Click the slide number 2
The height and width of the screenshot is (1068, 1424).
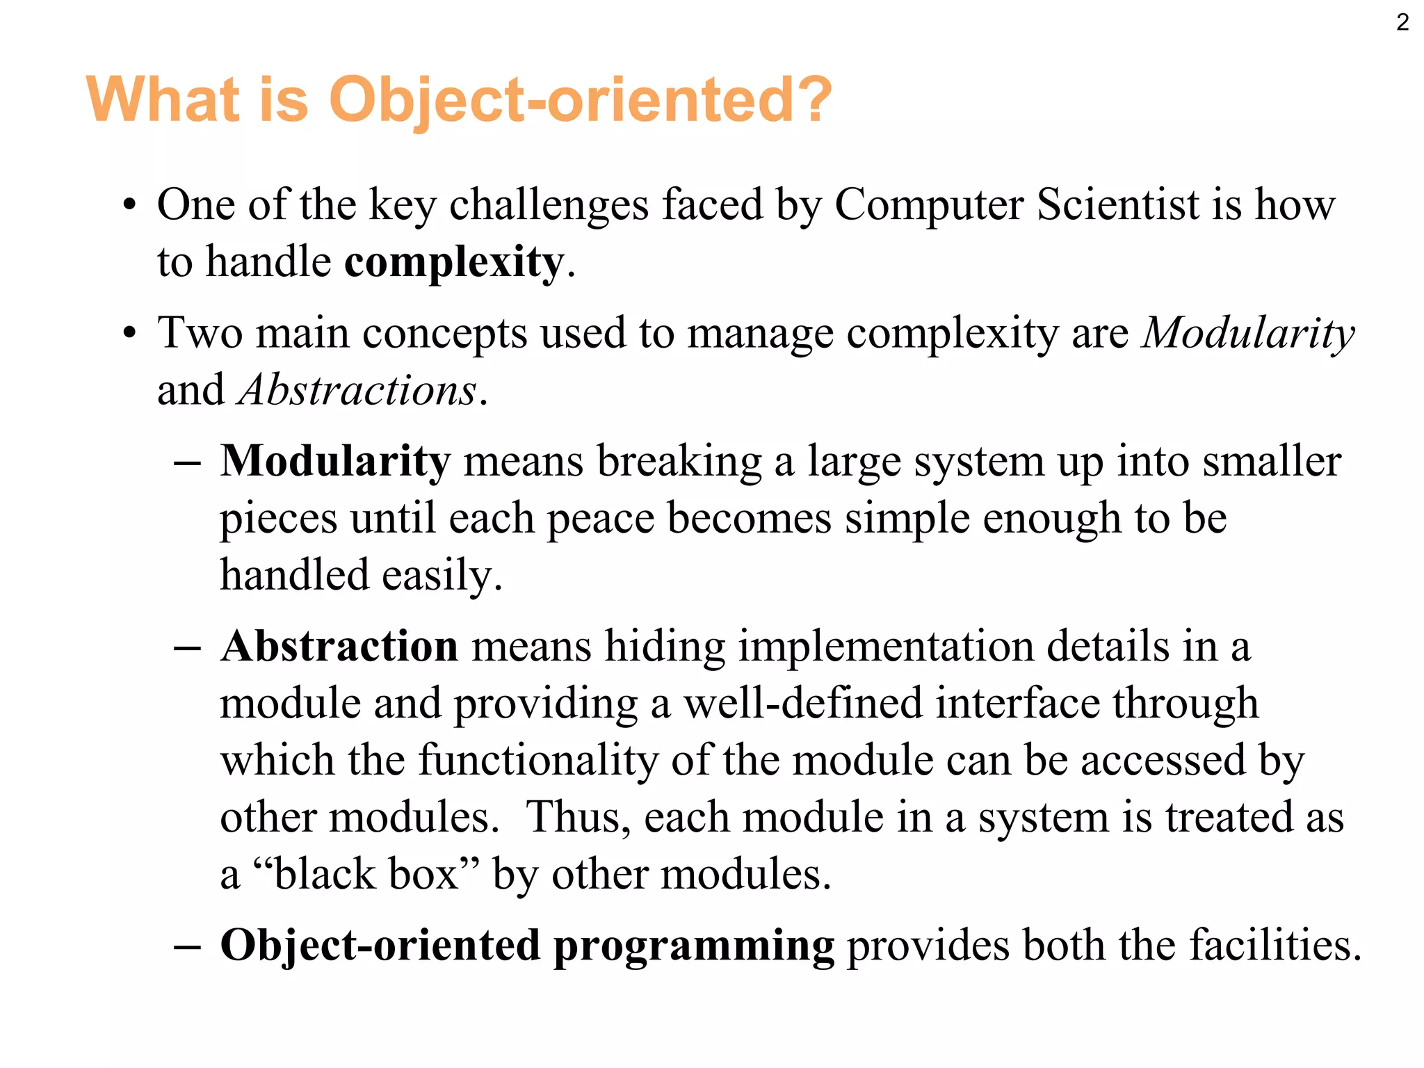click(1402, 23)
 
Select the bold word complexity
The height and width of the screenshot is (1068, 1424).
click(454, 263)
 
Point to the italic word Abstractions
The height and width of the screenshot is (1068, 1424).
click(358, 390)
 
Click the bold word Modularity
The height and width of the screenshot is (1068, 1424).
click(335, 462)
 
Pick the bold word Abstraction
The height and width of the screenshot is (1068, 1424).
click(339, 647)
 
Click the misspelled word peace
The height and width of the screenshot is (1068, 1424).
click(601, 519)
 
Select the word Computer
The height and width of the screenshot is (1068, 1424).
click(929, 207)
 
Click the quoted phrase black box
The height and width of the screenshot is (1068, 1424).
click(367, 875)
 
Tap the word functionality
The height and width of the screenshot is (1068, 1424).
click(538, 761)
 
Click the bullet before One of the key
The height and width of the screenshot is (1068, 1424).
click(129, 207)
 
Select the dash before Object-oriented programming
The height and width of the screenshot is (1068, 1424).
click(188, 947)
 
